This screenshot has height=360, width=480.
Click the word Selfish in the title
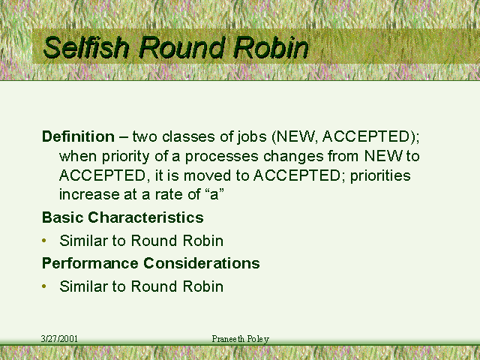pos(85,47)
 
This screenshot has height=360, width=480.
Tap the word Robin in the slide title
pos(271,47)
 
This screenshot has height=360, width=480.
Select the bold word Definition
pos(78,136)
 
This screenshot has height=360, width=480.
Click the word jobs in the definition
pos(252,136)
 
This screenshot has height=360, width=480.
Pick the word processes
pos(222,157)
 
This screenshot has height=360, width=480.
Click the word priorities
pos(380,176)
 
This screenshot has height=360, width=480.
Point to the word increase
pos(89,194)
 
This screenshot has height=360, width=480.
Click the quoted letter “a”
pos(214,194)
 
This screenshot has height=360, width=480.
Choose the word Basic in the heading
pos(63,217)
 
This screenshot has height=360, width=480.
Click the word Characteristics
pos(145,217)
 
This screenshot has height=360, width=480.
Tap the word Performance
pos(90,263)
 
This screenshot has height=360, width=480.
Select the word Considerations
pos(202,263)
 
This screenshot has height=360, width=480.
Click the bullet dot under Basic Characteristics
pos(44,241)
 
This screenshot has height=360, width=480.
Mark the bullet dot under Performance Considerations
pos(44,286)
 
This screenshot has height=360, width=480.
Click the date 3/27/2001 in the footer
pos(59,339)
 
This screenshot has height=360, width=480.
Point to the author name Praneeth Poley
pos(241,339)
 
